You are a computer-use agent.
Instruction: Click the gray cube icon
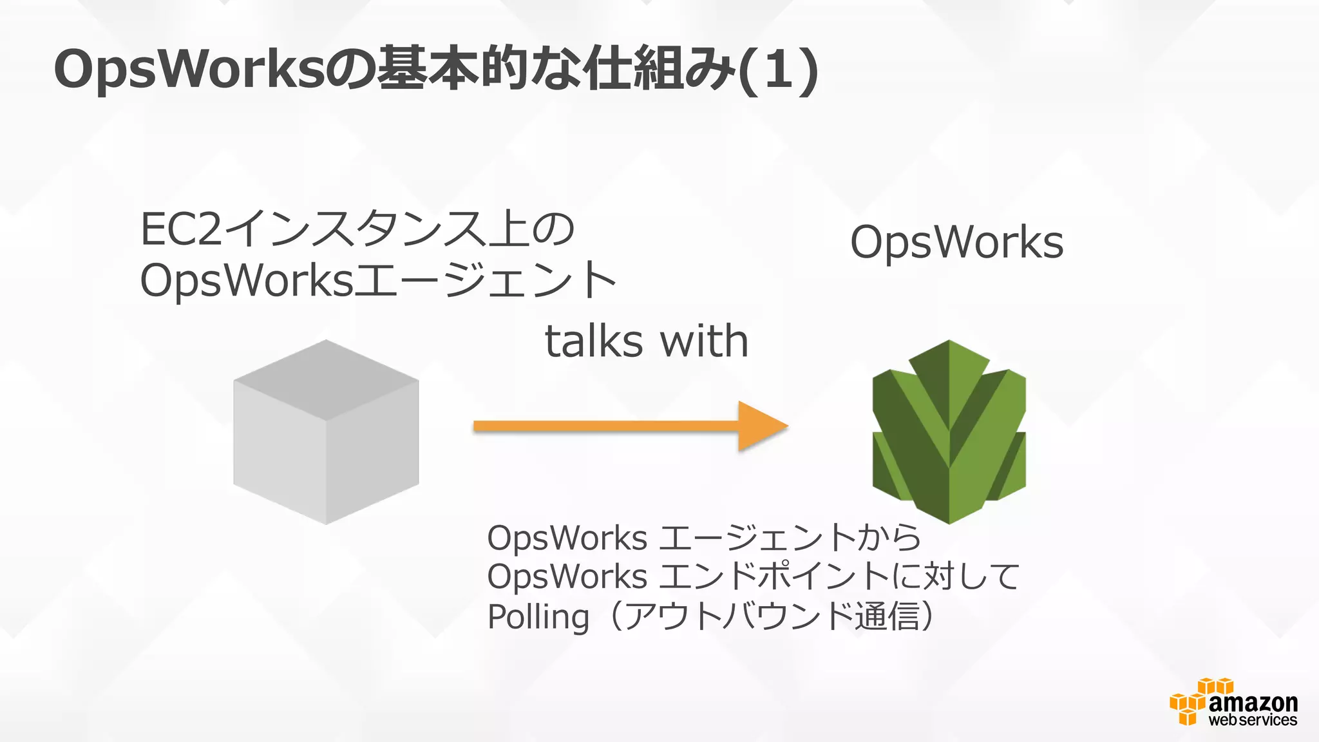[x=326, y=432]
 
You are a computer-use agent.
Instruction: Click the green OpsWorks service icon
[x=949, y=431]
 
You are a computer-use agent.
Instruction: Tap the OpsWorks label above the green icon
[x=956, y=243]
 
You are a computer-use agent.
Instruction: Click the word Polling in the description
[x=538, y=616]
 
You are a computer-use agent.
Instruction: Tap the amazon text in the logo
[x=1253, y=702]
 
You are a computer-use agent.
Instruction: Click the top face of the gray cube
[x=326, y=380]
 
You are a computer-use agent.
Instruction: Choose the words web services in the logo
[x=1253, y=720]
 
